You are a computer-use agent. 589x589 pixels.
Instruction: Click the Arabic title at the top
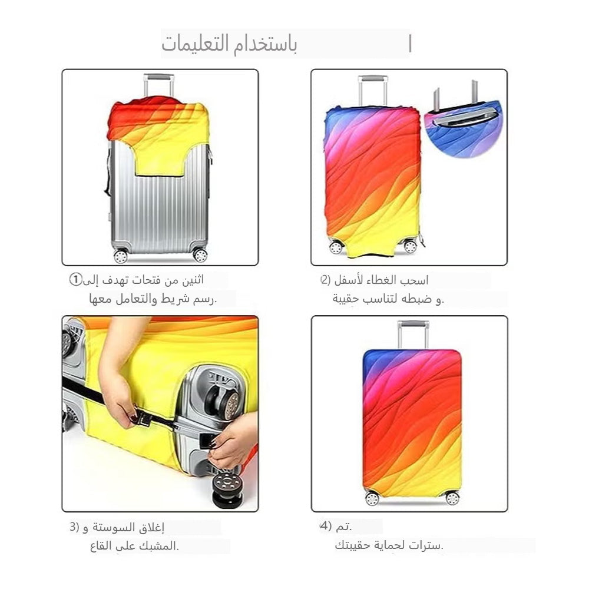230,45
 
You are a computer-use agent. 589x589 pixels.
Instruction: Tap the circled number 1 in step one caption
75,279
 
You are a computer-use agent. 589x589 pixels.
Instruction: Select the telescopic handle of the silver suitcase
158,83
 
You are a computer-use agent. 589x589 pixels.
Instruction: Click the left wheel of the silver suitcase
121,256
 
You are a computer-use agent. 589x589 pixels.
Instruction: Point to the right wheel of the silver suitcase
200,255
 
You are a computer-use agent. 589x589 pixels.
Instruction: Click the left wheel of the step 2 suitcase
336,247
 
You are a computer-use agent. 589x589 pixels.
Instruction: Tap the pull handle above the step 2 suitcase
372,88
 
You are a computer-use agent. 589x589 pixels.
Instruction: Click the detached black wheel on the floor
227,492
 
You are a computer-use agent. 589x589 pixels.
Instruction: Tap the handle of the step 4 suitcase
413,333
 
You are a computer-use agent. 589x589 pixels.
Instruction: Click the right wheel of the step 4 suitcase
452,498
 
